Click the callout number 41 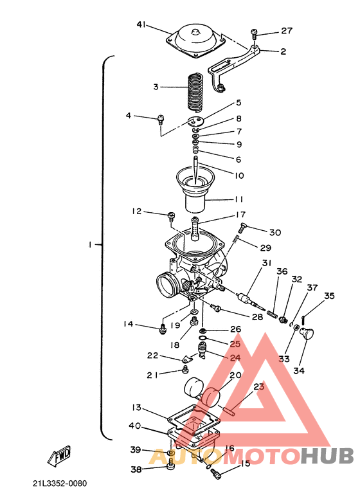[141, 24]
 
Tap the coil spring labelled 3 [194, 92]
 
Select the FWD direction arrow [60, 456]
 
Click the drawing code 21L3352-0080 [60, 483]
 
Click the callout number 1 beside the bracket [90, 245]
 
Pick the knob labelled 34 [306, 334]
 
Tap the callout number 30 [275, 232]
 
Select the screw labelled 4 [161, 119]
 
